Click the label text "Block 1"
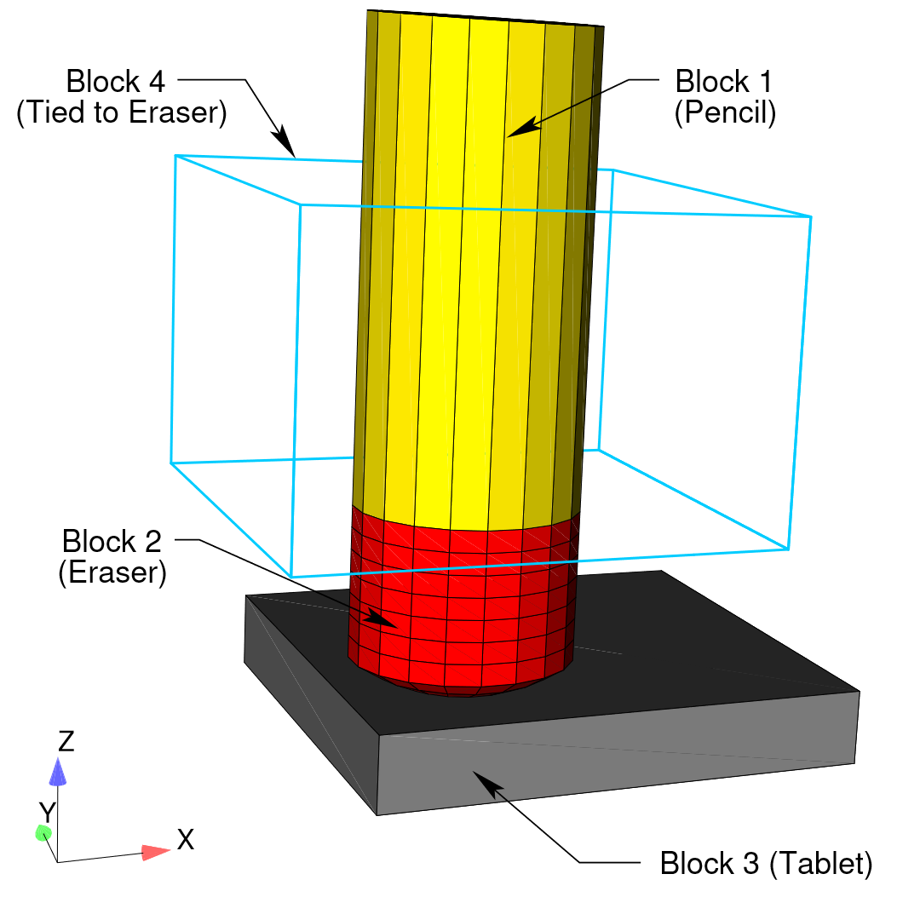point(723,82)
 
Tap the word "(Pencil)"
point(725,112)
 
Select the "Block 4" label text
point(116,81)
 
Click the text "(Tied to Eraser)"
point(122,112)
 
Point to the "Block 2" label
point(112,541)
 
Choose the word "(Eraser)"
point(112,572)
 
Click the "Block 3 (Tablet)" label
point(767,864)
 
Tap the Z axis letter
point(66,741)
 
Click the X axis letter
point(186,840)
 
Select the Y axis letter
point(47,812)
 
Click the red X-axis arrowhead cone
point(156,852)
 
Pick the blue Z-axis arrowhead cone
point(58,772)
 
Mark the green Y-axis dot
point(43,832)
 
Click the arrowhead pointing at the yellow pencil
point(523,128)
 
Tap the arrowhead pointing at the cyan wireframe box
point(284,141)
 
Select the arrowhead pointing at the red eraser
point(382,618)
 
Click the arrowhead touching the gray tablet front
point(487,784)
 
